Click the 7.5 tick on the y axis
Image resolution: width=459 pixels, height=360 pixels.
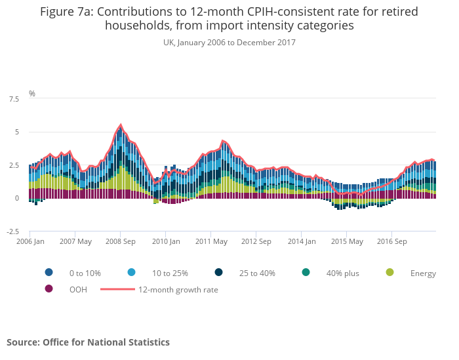pyautogui.click(x=13, y=99)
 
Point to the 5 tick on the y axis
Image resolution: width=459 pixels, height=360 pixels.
pyautogui.click(x=16, y=132)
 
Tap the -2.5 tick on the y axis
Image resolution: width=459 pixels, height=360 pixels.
pyautogui.click(x=12, y=231)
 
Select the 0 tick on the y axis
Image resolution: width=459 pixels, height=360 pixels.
pyautogui.click(x=16, y=199)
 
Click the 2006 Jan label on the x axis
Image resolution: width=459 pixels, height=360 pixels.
pyautogui.click(x=30, y=241)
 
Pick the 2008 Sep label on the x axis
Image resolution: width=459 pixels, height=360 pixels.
pyautogui.click(x=121, y=241)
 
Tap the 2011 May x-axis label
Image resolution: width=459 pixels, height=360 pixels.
pyautogui.click(x=211, y=241)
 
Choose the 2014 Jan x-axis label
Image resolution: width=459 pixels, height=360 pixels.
pyautogui.click(x=302, y=241)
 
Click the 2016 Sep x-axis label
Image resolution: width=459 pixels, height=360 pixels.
pyautogui.click(x=391, y=241)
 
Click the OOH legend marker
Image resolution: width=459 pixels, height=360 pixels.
pyautogui.click(x=49, y=289)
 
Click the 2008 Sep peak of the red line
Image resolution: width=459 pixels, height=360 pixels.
pyautogui.click(x=121, y=125)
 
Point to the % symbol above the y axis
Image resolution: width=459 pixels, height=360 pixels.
pyautogui.click(x=31, y=94)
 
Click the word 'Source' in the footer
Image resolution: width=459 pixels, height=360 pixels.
pyautogui.click(x=23, y=342)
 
